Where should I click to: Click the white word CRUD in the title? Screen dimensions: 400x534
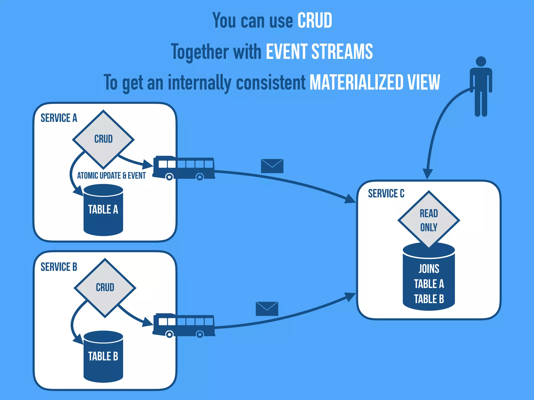point(315,21)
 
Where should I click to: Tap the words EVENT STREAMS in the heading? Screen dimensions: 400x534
point(319,52)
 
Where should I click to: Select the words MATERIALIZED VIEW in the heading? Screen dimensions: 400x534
point(375,82)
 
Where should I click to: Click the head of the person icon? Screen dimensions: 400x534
point(481,62)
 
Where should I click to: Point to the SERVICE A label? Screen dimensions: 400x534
point(59,118)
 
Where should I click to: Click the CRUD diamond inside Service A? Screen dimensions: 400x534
point(103,139)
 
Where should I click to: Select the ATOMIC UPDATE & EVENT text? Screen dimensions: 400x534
point(111,176)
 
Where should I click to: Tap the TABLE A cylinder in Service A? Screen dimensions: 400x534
point(103,210)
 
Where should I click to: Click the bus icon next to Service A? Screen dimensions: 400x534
point(184,168)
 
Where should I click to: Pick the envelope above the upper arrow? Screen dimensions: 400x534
point(272,166)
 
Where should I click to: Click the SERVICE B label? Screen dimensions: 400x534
point(59,267)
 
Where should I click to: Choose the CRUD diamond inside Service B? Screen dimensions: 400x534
point(105,287)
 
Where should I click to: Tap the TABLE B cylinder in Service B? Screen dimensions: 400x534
point(103,357)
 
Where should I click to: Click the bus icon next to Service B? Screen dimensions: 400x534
point(184,325)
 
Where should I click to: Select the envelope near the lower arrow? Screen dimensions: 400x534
point(267,309)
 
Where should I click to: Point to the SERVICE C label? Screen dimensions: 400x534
point(386,193)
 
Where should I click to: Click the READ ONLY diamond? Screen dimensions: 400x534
point(429,220)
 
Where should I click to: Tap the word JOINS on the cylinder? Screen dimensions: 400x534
point(429,269)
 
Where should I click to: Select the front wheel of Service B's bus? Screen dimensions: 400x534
point(169,334)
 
